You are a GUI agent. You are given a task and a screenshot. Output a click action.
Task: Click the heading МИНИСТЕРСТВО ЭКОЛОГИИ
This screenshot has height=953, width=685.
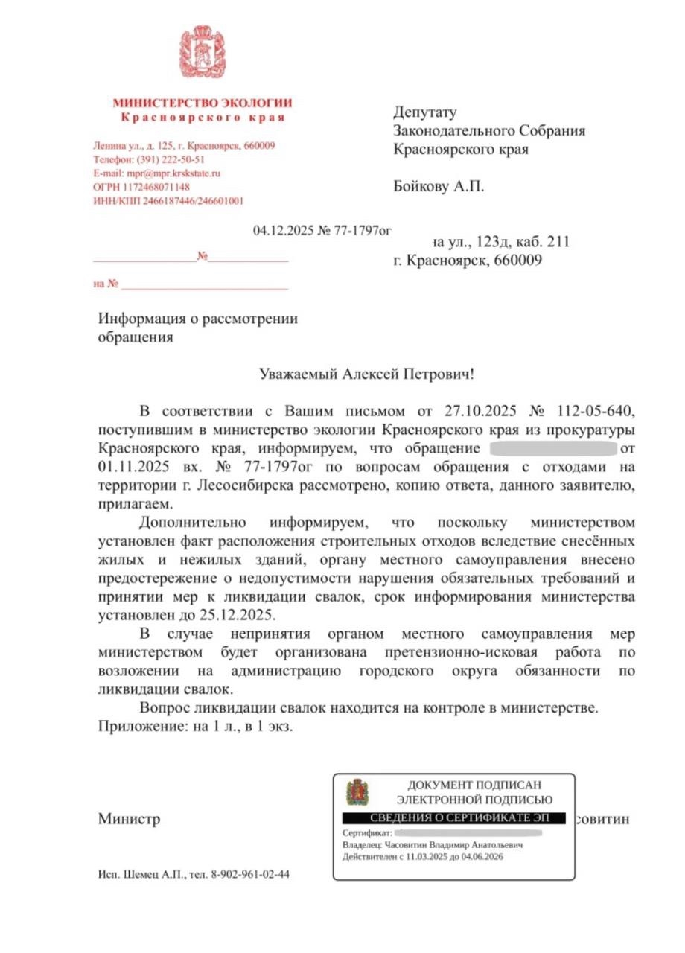pos(202,103)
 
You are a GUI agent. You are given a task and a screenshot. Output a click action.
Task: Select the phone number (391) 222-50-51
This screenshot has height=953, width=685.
pos(171,159)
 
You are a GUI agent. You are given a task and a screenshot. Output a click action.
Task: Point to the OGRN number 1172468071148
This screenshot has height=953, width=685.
pos(155,187)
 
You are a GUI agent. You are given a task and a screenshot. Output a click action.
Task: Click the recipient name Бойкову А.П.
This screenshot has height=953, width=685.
pos(439,186)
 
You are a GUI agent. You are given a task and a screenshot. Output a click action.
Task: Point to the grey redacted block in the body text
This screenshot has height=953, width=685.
pos(554,449)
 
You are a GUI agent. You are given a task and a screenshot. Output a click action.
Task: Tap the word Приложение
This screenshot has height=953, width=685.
pos(139,726)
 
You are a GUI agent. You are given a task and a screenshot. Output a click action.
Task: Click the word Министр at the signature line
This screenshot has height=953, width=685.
pos(130,820)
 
